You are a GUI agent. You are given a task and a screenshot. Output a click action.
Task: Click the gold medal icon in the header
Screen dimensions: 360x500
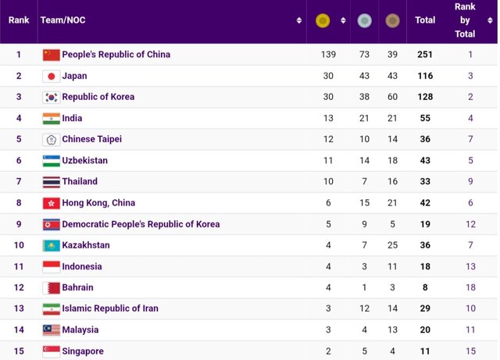pos(322,20)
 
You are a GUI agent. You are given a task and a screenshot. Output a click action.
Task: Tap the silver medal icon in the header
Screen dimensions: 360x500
pos(364,20)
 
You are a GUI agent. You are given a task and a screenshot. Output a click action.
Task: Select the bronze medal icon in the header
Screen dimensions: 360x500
pos(392,20)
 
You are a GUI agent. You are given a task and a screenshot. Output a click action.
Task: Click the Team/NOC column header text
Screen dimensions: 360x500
pos(62,20)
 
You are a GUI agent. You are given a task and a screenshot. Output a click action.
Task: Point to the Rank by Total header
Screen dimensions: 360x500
pos(465,20)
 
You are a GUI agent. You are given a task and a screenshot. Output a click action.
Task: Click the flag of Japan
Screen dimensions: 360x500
pos(51,76)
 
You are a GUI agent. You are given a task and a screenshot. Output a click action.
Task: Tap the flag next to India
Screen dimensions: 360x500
pos(51,119)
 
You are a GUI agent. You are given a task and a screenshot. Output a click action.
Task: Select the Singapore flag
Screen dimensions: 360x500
pos(51,351)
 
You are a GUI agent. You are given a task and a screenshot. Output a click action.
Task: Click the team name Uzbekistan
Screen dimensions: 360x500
pos(85,160)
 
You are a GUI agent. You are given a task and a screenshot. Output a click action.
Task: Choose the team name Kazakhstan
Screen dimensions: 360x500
pos(86,245)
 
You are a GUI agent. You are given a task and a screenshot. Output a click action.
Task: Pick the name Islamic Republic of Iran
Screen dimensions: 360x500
pos(110,308)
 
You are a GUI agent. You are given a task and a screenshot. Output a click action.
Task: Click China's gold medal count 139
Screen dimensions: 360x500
pos(328,55)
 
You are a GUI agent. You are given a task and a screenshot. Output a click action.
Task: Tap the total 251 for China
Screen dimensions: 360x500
pos(425,55)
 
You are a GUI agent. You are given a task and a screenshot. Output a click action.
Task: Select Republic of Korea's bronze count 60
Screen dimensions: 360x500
pos(392,97)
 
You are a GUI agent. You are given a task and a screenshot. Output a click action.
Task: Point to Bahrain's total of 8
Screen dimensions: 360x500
pos(425,287)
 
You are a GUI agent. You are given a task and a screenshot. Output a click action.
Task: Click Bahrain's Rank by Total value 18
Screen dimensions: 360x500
pos(470,287)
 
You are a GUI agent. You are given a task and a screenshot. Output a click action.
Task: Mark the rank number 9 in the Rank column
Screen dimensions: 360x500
pos(19,224)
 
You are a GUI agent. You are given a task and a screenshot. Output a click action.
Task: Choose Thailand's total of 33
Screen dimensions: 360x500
pos(425,181)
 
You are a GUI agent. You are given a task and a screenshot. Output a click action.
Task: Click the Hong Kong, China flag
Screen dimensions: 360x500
pos(51,203)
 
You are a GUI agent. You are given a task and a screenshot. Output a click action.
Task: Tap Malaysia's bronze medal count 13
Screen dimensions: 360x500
pos(392,330)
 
